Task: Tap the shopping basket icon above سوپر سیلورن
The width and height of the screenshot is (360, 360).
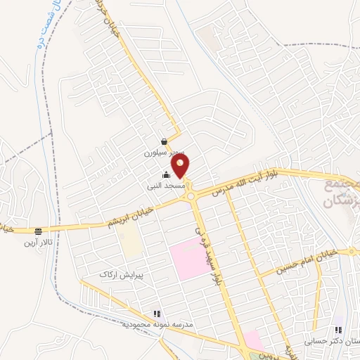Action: [x=164, y=141]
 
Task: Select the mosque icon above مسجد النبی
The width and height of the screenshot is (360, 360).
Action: [x=166, y=175]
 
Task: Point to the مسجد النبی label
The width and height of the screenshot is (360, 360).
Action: [x=166, y=186]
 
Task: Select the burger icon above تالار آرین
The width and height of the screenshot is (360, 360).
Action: [x=39, y=231]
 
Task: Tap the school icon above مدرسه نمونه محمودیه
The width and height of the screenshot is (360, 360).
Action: [x=156, y=314]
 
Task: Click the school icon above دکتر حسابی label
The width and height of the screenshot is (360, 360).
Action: [x=338, y=329]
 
